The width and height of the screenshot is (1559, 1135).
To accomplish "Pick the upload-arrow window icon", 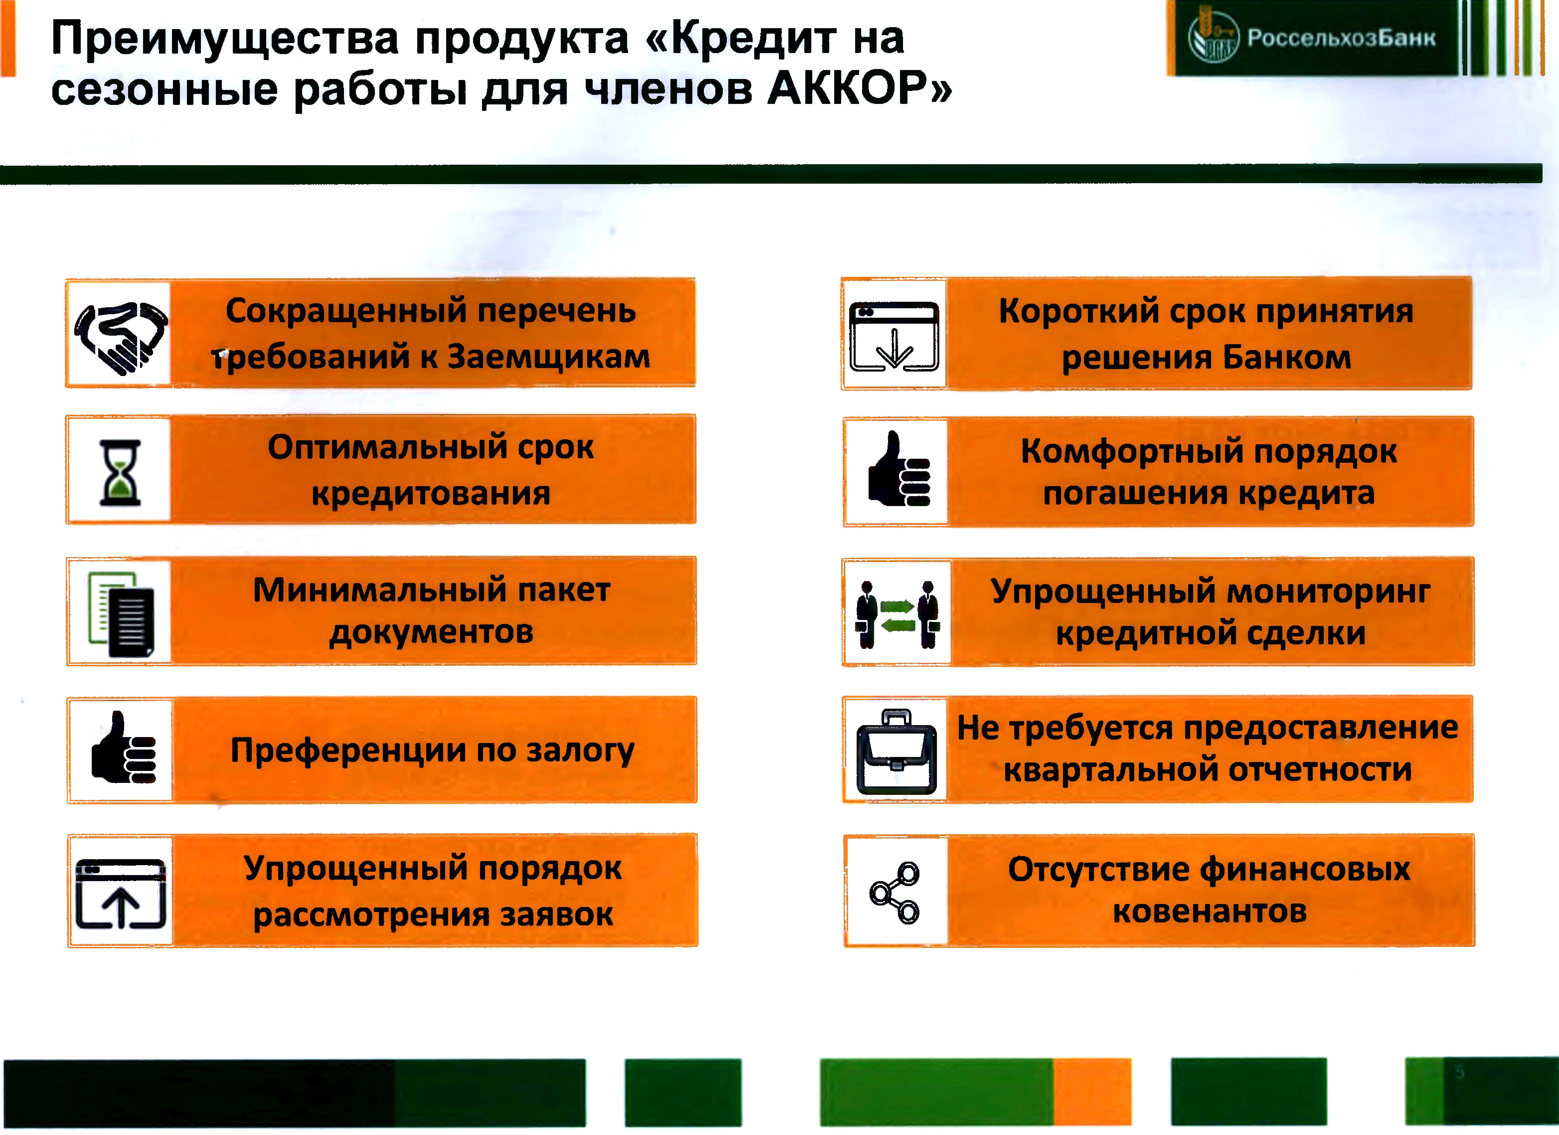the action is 120,893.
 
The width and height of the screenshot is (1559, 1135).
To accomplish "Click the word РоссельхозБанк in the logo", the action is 1341,38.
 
